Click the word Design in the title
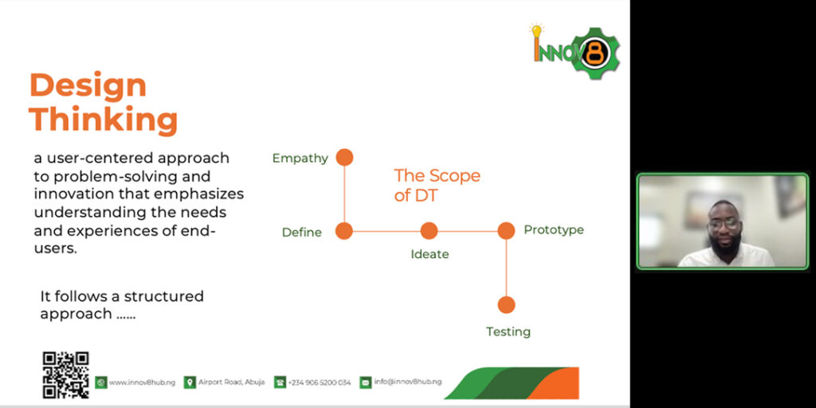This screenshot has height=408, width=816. click(x=88, y=86)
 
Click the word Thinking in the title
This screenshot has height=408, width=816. click(x=104, y=120)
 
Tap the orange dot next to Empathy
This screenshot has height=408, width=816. click(x=344, y=157)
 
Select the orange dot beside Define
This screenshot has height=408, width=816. click(x=344, y=230)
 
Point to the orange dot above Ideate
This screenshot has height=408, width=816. click(x=429, y=230)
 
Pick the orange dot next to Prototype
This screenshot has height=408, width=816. click(x=506, y=230)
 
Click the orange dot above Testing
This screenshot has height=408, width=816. click(x=506, y=304)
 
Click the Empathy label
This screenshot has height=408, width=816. click(x=300, y=159)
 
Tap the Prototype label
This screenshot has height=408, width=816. click(x=554, y=230)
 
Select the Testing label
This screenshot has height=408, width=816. click(x=508, y=332)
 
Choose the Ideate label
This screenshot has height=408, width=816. click(x=430, y=254)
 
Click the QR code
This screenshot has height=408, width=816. click(x=65, y=375)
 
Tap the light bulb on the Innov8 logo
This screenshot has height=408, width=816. click(x=536, y=30)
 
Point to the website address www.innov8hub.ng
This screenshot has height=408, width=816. click(x=142, y=382)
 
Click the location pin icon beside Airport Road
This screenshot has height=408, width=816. click(x=190, y=382)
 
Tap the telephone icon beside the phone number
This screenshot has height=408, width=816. click(x=280, y=382)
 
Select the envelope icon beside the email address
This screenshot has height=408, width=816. click(x=366, y=382)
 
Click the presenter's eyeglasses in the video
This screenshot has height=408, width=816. click(x=724, y=224)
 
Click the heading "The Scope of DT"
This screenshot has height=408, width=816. click(x=437, y=185)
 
